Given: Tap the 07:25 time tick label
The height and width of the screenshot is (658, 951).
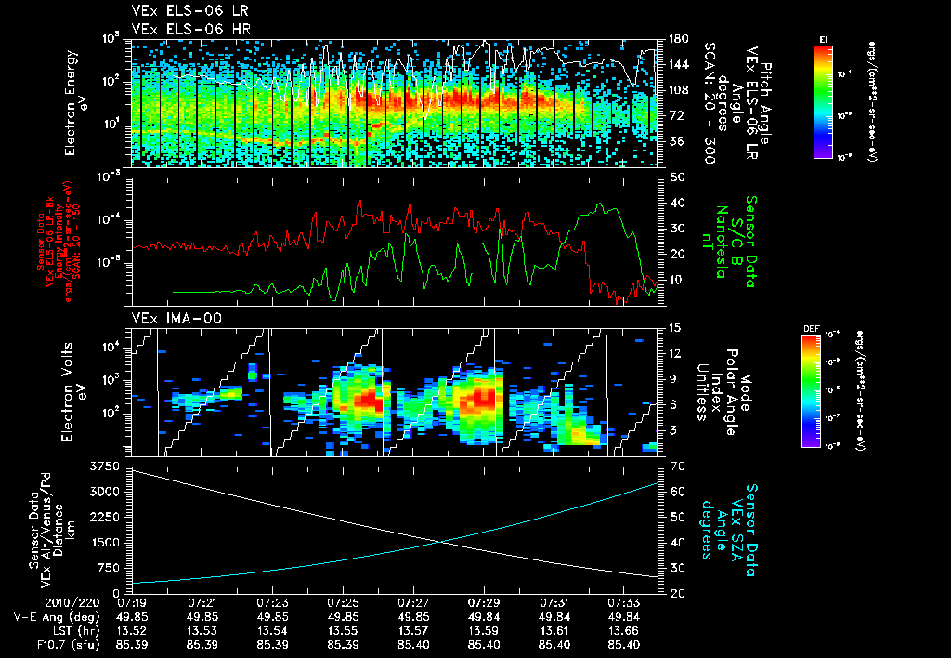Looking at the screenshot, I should [x=344, y=603].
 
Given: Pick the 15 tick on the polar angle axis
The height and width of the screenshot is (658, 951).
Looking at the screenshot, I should [x=673, y=327].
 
